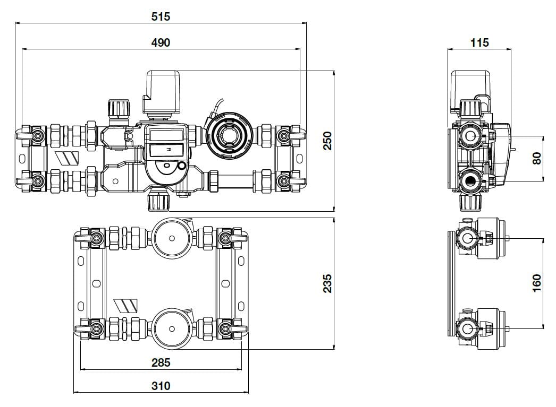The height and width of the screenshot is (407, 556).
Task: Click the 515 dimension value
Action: [160, 16]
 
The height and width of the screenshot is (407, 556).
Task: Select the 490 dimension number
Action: [160, 42]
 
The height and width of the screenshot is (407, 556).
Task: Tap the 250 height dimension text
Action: [328, 141]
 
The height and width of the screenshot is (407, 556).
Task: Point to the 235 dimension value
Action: [328, 283]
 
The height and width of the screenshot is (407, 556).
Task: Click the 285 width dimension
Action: [161, 362]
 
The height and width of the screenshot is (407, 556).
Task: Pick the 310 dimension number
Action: [161, 386]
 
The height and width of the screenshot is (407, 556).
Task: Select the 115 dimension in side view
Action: [479, 42]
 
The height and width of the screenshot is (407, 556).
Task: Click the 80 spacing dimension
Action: [536, 158]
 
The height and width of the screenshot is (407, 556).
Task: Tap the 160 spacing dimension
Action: [536, 282]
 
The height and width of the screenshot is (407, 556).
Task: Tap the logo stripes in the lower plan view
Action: [127, 305]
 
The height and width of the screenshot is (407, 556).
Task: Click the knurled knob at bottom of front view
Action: [158, 201]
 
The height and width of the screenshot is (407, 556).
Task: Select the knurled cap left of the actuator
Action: [118, 109]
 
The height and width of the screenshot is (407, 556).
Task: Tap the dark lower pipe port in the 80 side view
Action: [470, 181]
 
